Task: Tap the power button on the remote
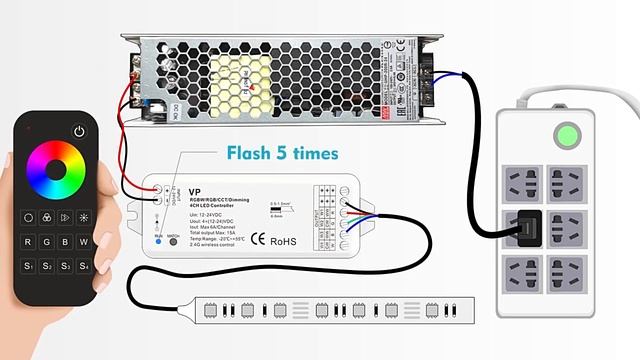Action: [x=80, y=131]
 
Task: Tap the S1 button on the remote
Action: [x=28, y=265]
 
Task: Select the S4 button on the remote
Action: [x=84, y=265]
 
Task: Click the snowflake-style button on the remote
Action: [x=84, y=216]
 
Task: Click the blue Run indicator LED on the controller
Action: [x=157, y=241]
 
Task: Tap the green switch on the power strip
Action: [x=568, y=135]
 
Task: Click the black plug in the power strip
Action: [x=524, y=227]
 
